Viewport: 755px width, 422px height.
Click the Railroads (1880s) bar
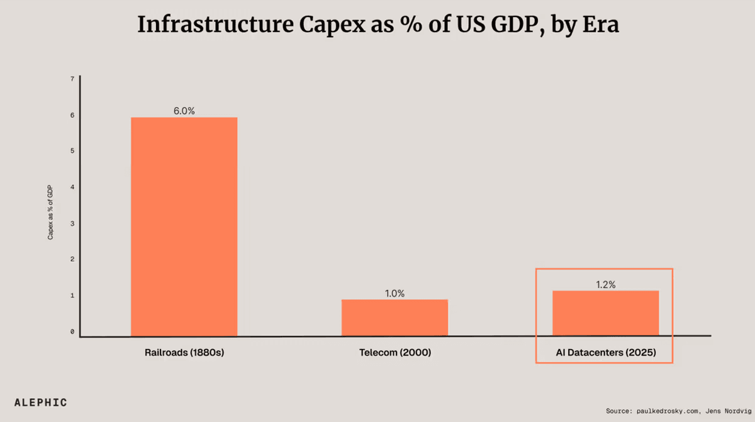coord(184,226)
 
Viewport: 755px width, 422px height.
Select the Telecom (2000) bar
coord(394,318)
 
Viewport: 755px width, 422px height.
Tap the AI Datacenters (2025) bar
coord(605,313)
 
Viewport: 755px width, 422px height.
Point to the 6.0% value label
coord(184,111)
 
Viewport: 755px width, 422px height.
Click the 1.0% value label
coord(394,293)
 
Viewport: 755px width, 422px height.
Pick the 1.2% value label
coord(605,284)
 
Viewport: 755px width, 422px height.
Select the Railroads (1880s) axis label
coord(184,353)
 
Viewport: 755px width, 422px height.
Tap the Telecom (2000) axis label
coord(394,353)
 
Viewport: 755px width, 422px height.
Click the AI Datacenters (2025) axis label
coord(605,353)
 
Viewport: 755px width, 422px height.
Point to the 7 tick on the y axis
coord(72,79)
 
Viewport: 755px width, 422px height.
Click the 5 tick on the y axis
coord(72,151)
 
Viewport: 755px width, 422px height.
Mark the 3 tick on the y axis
coord(72,223)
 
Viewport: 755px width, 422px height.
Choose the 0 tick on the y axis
coord(72,331)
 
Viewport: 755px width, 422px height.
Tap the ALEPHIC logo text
coord(40,403)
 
